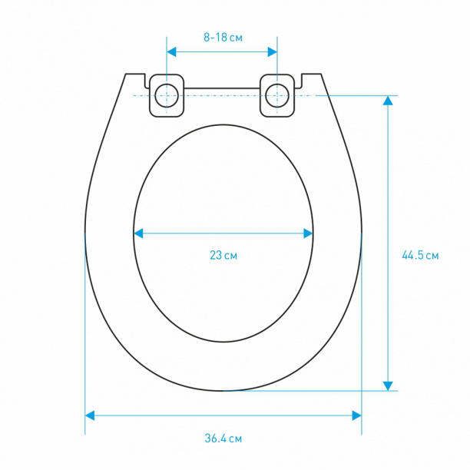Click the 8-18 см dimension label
(223, 38)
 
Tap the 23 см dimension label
(223, 256)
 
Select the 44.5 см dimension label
(420, 256)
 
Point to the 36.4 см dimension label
(223, 439)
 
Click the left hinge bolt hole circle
(167, 96)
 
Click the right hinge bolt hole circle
(277, 96)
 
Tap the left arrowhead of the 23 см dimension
(138, 233)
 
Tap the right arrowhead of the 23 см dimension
(308, 233)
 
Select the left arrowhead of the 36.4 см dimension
(90, 415)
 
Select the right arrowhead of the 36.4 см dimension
(356, 415)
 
